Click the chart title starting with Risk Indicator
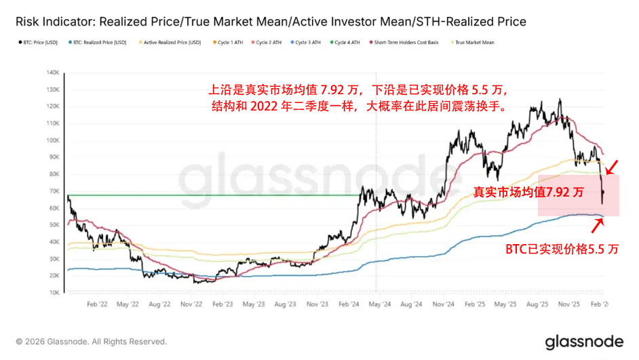click(271, 22)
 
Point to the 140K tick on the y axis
click(53, 73)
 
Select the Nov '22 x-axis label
click(192, 305)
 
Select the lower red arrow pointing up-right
click(607, 224)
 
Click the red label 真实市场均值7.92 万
click(528, 193)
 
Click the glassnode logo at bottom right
click(583, 341)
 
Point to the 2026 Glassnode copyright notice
click(92, 342)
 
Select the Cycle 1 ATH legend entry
click(229, 43)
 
